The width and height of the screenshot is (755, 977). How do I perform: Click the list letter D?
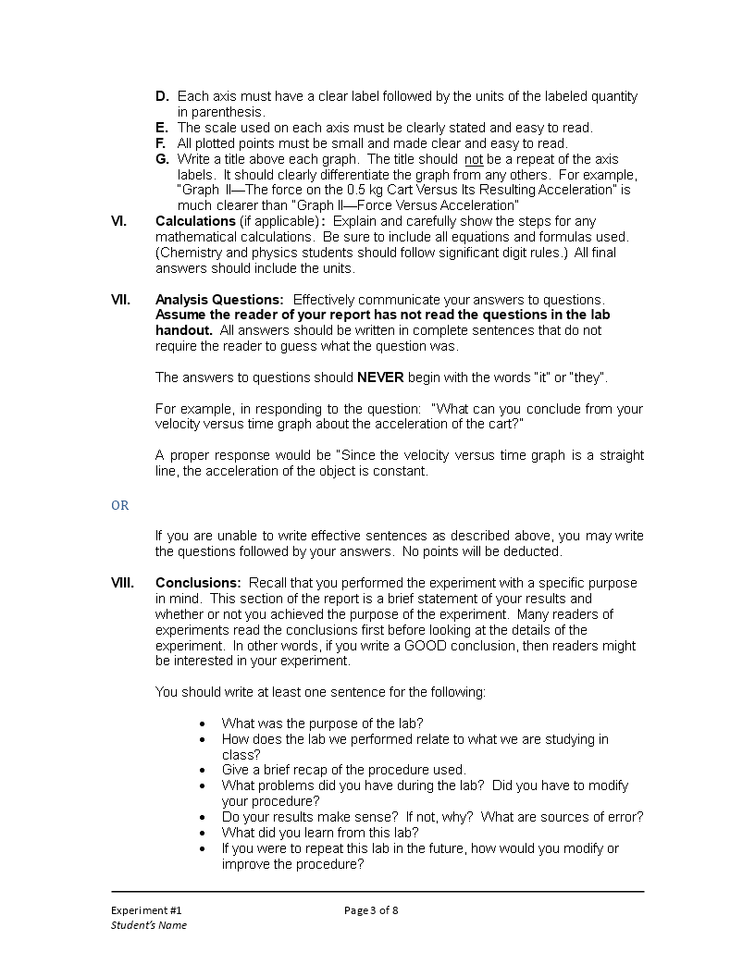[161, 96]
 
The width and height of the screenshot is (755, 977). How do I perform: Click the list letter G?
[161, 159]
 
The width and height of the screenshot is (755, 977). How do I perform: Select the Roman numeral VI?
[119, 221]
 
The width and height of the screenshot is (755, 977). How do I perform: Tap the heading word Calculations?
[195, 221]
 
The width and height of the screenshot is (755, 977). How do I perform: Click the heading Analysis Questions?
[219, 300]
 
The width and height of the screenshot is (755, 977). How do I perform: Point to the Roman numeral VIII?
[122, 583]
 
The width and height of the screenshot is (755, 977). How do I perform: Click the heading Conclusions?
[198, 583]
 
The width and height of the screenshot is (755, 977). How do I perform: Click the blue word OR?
[120, 505]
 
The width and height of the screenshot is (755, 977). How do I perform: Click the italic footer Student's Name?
[149, 925]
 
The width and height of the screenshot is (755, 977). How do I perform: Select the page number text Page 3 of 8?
[371, 909]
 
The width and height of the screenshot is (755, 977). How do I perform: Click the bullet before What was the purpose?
[204, 723]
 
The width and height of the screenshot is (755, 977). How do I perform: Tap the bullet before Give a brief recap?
[204, 771]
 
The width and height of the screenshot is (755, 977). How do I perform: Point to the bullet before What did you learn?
[204, 833]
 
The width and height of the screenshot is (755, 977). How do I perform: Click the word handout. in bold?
[184, 330]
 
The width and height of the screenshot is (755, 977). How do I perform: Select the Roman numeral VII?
[120, 300]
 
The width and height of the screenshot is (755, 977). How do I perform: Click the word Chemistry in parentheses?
[191, 253]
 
